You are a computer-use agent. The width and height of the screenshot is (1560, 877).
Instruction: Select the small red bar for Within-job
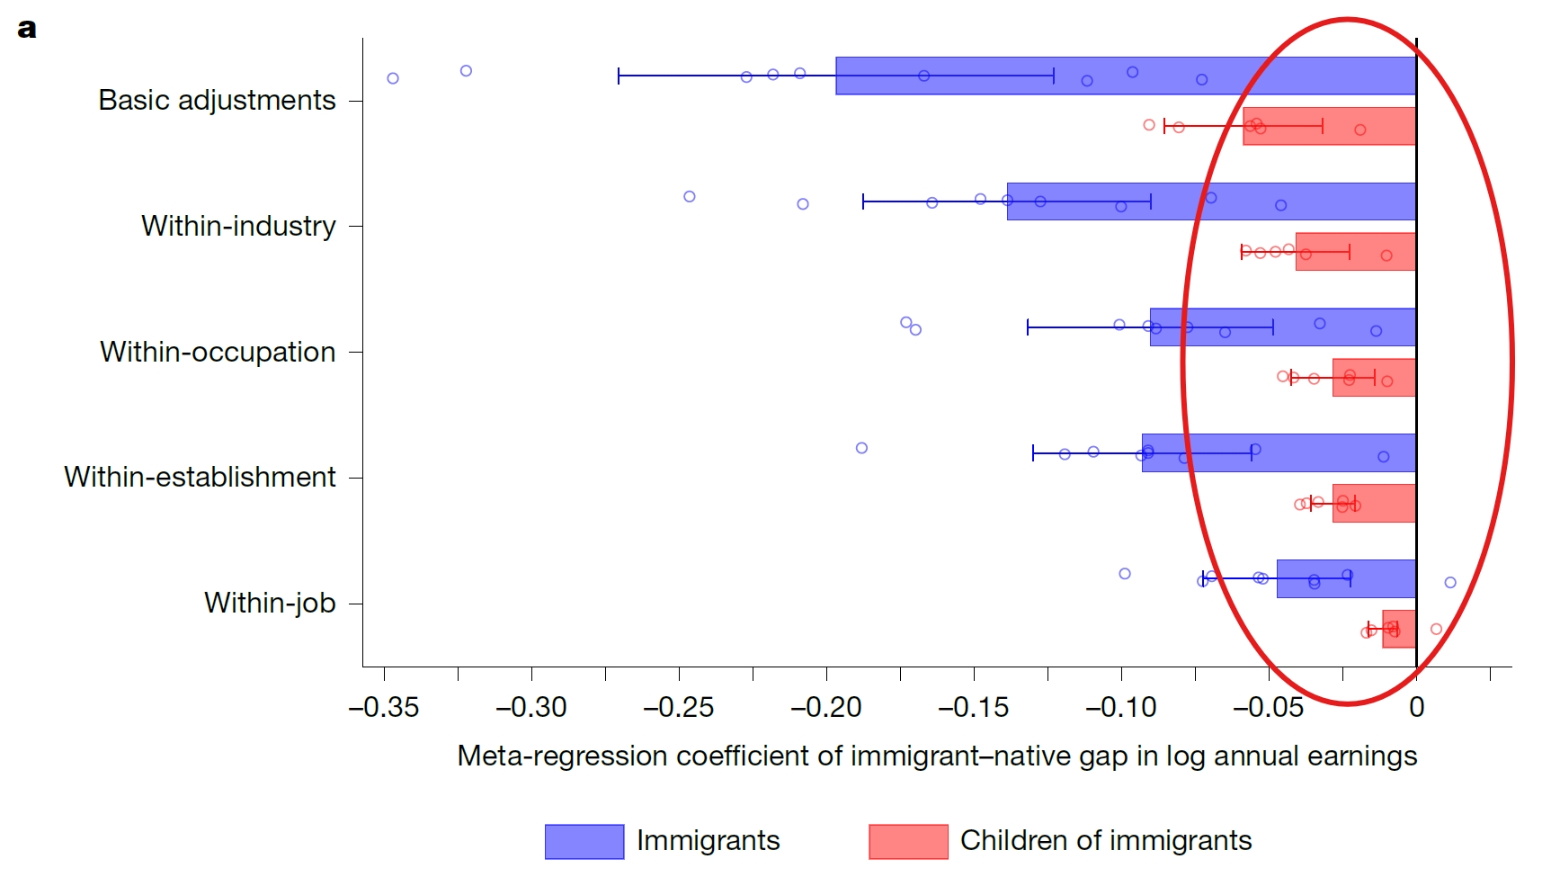tap(1399, 629)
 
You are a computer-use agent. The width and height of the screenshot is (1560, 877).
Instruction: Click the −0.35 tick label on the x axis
tap(384, 708)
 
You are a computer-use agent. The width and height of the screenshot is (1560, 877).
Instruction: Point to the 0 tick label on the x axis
tap(1416, 708)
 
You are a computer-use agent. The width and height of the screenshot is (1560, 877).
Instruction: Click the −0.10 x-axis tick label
tap(1120, 708)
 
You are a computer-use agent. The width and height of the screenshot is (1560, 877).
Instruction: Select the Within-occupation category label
tap(218, 352)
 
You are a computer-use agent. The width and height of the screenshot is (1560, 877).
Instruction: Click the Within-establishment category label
tap(200, 477)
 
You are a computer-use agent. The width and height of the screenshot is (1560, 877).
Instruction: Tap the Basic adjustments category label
tap(217, 100)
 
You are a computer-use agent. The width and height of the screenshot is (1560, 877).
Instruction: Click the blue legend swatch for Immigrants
tap(584, 841)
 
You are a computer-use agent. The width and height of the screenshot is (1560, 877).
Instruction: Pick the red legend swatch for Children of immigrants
tap(907, 841)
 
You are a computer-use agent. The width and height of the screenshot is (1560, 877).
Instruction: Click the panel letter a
tap(27, 29)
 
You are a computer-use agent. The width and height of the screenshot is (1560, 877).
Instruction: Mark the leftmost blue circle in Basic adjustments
tap(393, 78)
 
